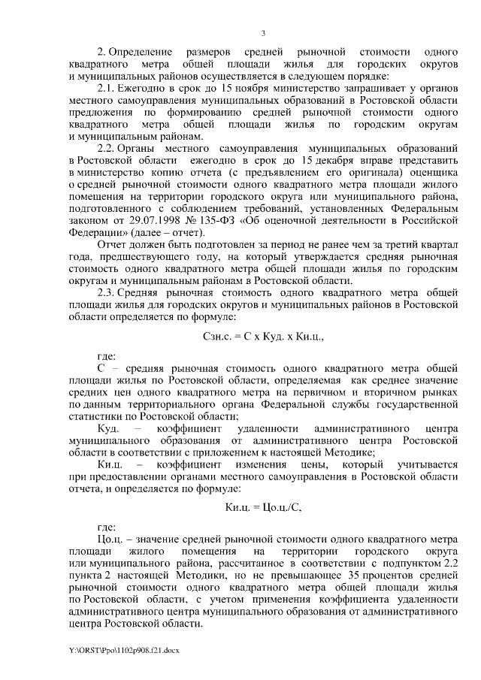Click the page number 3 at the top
pyautogui.click(x=263, y=32)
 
